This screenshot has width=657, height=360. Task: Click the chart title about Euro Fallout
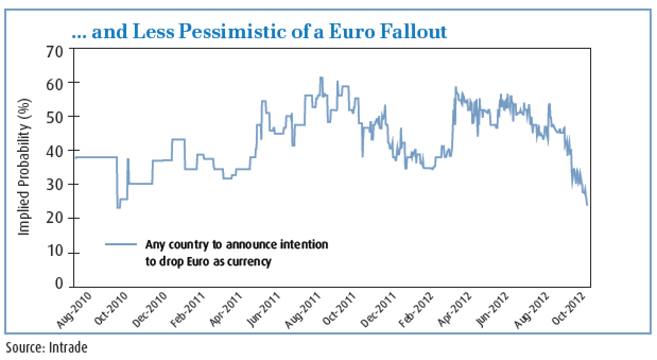pos(259,32)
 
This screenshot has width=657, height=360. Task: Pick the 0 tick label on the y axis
pos(59,285)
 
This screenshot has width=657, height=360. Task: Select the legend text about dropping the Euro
pos(237,253)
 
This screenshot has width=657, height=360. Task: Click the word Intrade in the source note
pos(68,348)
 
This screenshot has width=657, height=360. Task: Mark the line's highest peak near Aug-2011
pos(321,78)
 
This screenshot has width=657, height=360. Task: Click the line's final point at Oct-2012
pos(587,205)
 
